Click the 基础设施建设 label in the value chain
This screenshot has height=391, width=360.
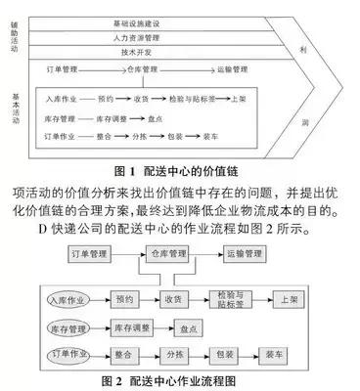[166, 20]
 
